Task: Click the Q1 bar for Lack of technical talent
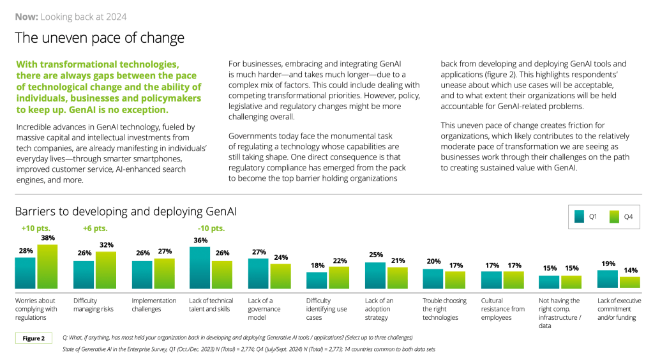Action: coord(200,269)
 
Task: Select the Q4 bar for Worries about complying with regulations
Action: coord(47,267)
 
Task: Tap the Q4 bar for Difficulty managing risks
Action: coord(105,271)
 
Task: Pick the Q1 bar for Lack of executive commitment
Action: coord(607,280)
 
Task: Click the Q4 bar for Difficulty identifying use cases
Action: coord(338,278)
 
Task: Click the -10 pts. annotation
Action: coord(211,228)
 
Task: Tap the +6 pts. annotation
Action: coord(94,228)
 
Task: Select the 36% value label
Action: coord(200,241)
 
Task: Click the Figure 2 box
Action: coord(34,338)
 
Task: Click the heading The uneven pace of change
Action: coord(100,38)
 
